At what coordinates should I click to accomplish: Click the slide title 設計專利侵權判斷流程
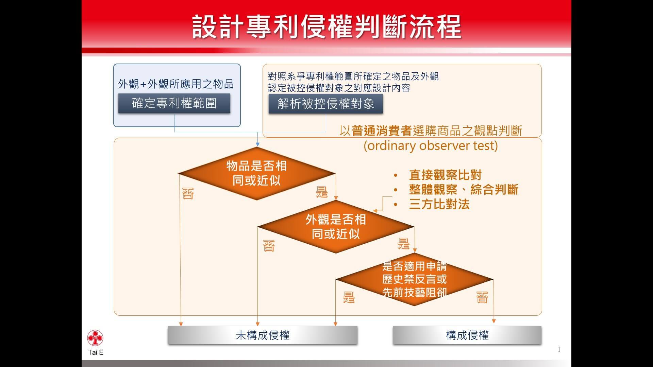326,27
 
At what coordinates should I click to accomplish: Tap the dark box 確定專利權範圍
174,103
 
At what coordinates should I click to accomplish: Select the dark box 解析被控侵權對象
326,104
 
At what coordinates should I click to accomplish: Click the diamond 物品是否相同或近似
257,173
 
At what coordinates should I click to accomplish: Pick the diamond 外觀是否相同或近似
336,227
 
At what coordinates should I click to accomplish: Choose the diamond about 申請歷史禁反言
414,279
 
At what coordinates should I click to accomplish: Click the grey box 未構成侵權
263,335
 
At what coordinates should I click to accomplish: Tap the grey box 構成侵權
467,335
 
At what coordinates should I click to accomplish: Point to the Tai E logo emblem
95,338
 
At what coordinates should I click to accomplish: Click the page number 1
559,349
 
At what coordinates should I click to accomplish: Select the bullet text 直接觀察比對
445,175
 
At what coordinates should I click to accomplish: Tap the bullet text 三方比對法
439,204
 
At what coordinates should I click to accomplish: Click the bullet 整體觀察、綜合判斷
464,190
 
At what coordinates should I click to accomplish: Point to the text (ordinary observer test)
431,145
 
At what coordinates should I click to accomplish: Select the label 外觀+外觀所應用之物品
176,84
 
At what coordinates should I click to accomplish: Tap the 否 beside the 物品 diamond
188,193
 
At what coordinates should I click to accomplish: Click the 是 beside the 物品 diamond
322,192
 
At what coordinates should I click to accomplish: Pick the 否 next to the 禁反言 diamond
482,297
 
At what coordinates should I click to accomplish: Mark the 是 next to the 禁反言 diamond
349,297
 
